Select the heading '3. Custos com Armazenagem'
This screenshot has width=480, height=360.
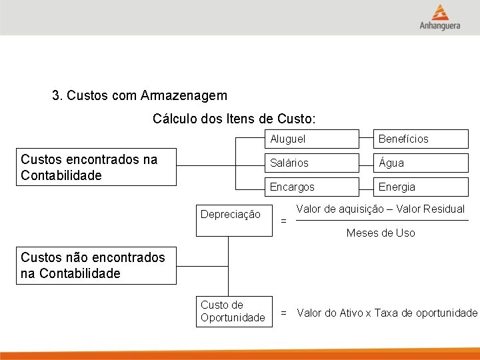tap(139, 96)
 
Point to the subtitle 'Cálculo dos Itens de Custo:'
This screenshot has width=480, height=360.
tap(234, 119)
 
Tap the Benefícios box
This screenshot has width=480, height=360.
tap(421, 139)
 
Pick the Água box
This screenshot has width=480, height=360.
tap(421, 163)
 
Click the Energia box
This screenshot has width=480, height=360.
tap(421, 187)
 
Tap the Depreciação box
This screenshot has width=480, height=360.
tap(234, 220)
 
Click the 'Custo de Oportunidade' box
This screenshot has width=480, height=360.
tap(234, 312)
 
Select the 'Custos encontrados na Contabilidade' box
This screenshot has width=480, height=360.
tap(97, 167)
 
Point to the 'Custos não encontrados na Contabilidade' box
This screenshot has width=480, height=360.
tap(97, 265)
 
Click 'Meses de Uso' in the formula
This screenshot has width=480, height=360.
tap(381, 233)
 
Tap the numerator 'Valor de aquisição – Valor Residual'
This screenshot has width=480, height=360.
tap(380, 209)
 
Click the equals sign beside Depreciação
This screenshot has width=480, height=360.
tap(283, 221)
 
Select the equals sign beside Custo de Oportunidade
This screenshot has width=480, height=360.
tap(283, 313)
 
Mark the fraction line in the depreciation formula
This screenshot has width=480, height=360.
tap(381, 221)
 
